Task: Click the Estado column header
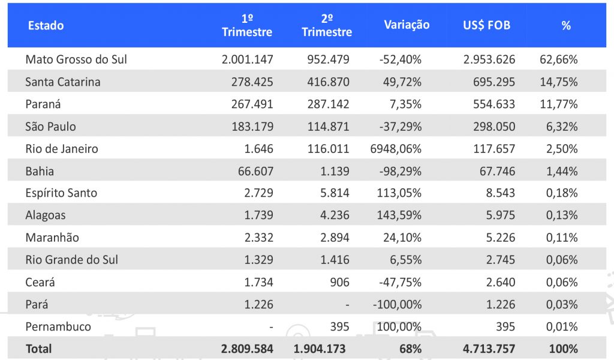pyautogui.click(x=46, y=26)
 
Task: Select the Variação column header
pyautogui.click(x=407, y=25)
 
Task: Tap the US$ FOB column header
pyautogui.click(x=486, y=26)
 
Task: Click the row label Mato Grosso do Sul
pyautogui.click(x=76, y=59)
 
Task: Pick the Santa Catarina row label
pyautogui.click(x=63, y=82)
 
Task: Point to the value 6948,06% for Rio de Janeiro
pyautogui.click(x=396, y=149)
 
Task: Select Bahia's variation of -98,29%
pyautogui.click(x=400, y=171)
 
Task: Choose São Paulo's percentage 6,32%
pyautogui.click(x=562, y=127)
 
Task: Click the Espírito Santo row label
pyautogui.click(x=61, y=193)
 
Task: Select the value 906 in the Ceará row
pyautogui.click(x=339, y=282)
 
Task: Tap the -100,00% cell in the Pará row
pyautogui.click(x=397, y=304)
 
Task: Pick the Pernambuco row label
pyautogui.click(x=58, y=327)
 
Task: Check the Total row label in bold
pyautogui.click(x=38, y=349)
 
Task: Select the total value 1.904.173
pyautogui.click(x=320, y=349)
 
